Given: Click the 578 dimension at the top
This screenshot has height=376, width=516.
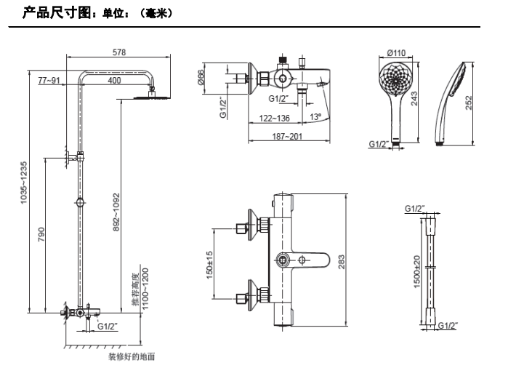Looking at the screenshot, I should [119, 52].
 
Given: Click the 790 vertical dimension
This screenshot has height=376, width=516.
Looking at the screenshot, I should [41, 234].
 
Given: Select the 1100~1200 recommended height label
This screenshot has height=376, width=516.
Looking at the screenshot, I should [144, 289].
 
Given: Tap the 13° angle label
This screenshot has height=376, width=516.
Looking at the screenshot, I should [315, 116].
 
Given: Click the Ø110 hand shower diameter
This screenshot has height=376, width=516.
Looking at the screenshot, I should [396, 52].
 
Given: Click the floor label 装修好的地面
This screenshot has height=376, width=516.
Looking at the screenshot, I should [132, 357].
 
